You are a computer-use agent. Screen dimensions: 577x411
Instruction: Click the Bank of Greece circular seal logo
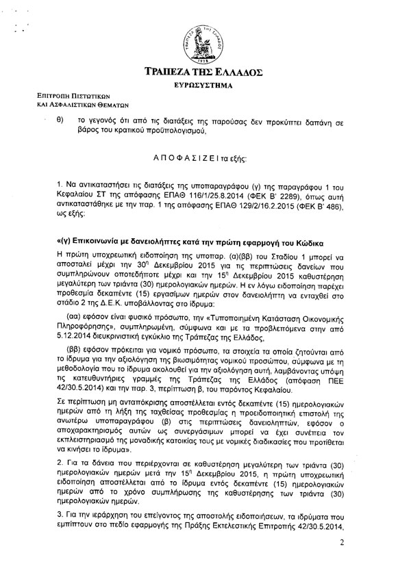(206, 40)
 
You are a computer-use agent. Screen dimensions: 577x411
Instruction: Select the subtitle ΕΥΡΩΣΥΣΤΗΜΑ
(206, 86)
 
